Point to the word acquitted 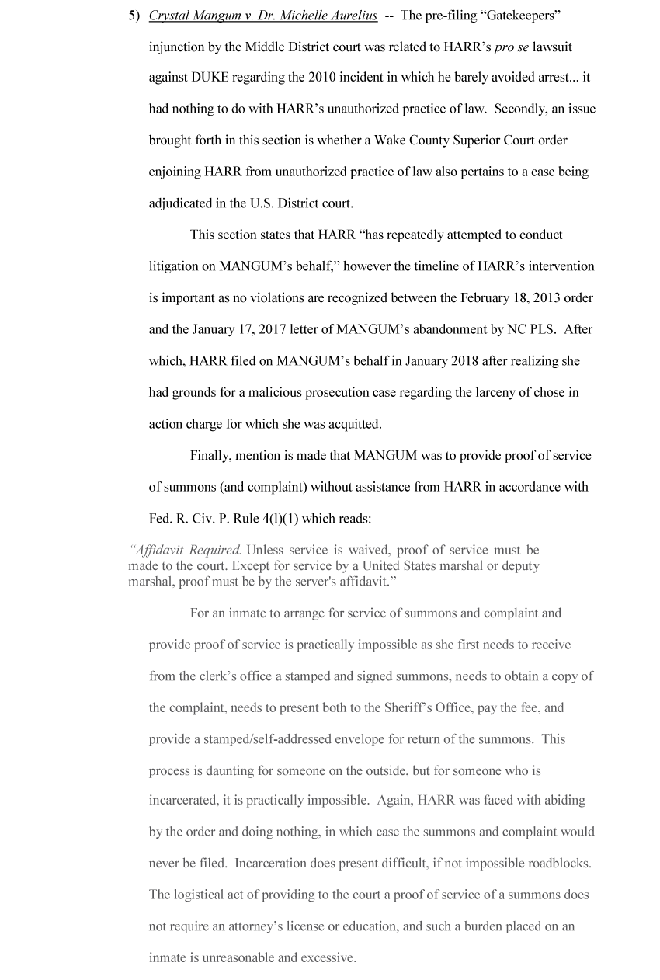click(355, 424)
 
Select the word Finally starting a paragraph click(212, 455)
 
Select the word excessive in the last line click(322, 957)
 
